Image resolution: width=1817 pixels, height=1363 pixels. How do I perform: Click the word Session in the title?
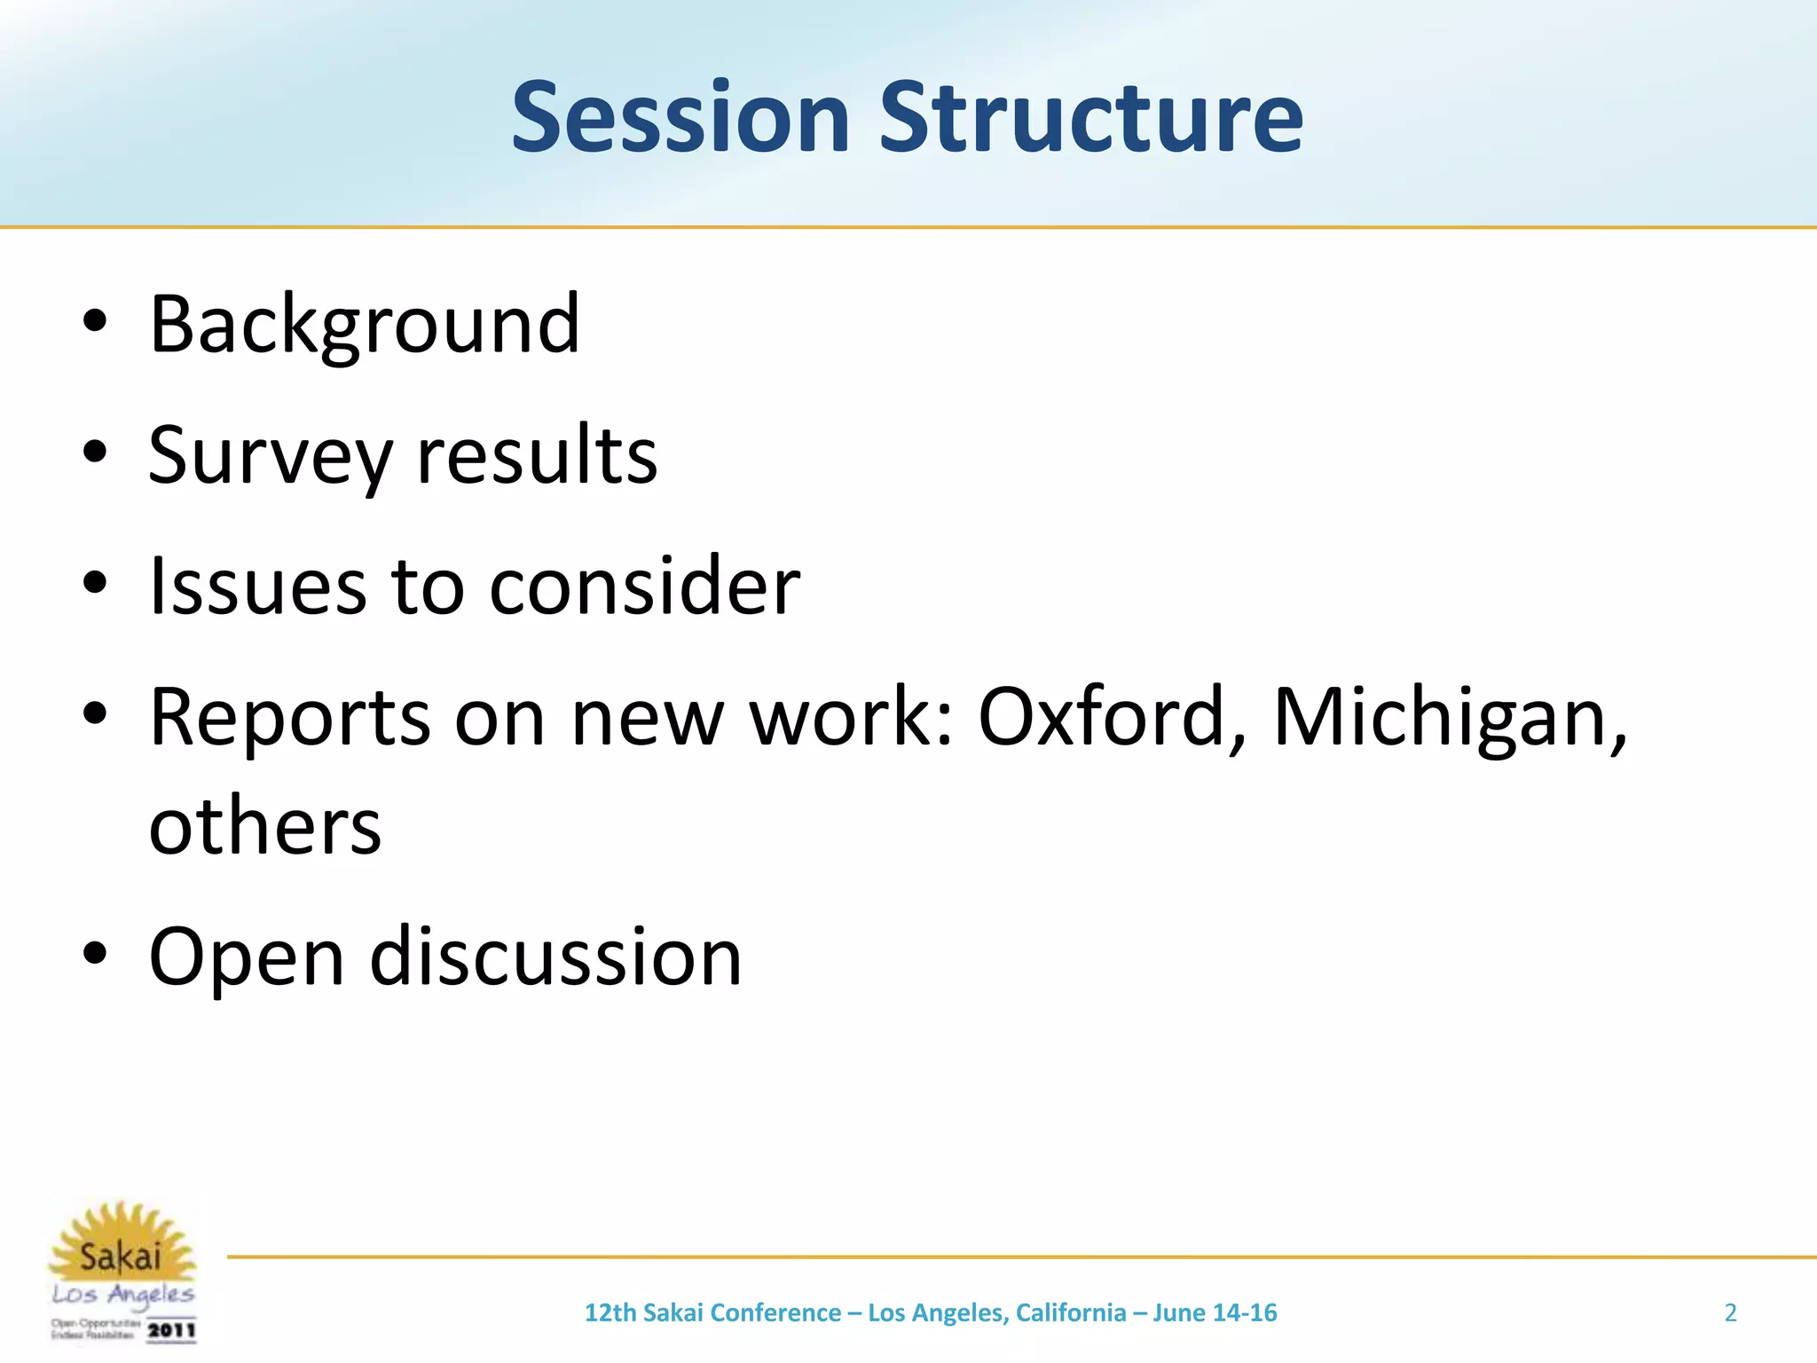point(680,117)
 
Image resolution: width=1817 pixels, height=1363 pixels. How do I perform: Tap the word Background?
point(364,325)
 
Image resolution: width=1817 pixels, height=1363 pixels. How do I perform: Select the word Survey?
point(270,456)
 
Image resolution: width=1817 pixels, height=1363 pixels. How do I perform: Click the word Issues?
point(257,586)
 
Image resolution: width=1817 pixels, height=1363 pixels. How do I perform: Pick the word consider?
point(644,586)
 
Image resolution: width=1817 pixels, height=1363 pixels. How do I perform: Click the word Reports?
point(290,717)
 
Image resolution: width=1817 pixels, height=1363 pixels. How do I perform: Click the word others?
point(264,825)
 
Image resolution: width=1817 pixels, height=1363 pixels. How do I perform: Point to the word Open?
point(246,958)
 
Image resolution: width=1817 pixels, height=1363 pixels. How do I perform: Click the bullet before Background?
point(94,323)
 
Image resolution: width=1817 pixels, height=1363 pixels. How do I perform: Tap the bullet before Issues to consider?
point(94,584)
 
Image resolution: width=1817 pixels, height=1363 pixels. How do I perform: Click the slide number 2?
point(1730,1312)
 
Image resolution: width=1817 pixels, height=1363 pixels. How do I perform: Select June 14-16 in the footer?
point(1215,1312)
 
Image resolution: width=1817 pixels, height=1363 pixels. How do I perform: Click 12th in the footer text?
point(610,1312)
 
